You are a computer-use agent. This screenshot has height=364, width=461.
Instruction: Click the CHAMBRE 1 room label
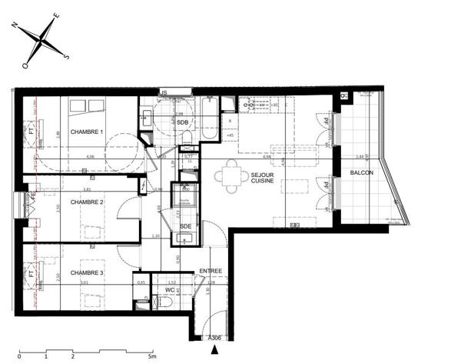tap(87, 132)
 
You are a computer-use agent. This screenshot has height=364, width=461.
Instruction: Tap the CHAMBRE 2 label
tap(87, 202)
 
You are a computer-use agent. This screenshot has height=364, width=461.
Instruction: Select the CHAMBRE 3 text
tap(87, 273)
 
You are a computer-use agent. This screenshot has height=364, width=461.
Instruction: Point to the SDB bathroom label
tap(182, 122)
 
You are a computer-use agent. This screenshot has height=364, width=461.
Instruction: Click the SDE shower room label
tap(185, 225)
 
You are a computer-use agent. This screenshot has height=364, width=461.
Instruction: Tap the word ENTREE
tap(211, 271)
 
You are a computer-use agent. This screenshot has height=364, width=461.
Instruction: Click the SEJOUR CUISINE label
tap(266, 179)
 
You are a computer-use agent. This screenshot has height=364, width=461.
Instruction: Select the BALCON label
tap(361, 172)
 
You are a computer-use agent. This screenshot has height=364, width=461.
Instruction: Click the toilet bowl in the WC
tap(167, 303)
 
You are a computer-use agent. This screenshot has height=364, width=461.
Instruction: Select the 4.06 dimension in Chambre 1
tap(90, 157)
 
